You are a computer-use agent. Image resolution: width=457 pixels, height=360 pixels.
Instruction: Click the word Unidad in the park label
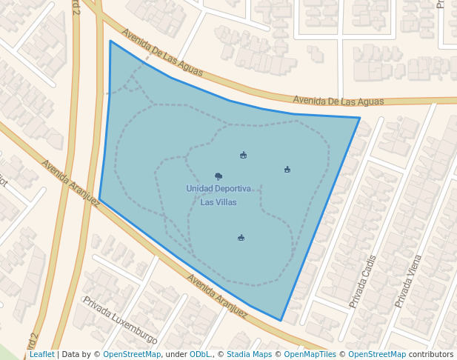click(201, 189)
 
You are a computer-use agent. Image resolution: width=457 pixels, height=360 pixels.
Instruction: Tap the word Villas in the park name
click(226, 202)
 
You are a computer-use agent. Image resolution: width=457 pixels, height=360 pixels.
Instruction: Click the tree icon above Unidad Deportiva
click(219, 176)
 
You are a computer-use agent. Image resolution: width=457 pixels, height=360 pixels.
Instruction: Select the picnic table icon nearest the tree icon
click(244, 155)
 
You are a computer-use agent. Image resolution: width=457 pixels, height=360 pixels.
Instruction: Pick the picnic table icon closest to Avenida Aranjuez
click(241, 238)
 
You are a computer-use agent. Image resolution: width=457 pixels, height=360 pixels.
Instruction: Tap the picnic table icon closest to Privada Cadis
click(287, 170)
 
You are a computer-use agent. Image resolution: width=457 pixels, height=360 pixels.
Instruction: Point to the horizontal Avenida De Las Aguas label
click(338, 101)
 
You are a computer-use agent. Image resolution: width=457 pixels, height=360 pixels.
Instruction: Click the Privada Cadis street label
click(364, 281)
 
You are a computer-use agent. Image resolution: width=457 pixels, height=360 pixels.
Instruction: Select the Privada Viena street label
click(408, 281)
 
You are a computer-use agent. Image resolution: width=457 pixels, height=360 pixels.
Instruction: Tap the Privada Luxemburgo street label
click(120, 321)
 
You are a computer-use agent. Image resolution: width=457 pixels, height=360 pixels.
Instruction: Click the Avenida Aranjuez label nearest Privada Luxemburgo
click(216, 296)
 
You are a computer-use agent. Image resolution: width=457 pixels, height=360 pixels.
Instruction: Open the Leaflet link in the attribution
click(41, 354)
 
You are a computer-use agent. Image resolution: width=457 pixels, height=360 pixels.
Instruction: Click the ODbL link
click(199, 354)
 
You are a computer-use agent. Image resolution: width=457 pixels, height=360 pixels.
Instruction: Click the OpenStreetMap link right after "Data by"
click(132, 354)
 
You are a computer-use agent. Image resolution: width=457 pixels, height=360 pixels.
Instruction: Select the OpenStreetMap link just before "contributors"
click(377, 354)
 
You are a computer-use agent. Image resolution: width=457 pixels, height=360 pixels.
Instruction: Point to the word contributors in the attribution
click(430, 354)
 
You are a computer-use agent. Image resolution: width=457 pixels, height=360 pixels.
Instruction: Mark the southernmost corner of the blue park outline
click(281, 321)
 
